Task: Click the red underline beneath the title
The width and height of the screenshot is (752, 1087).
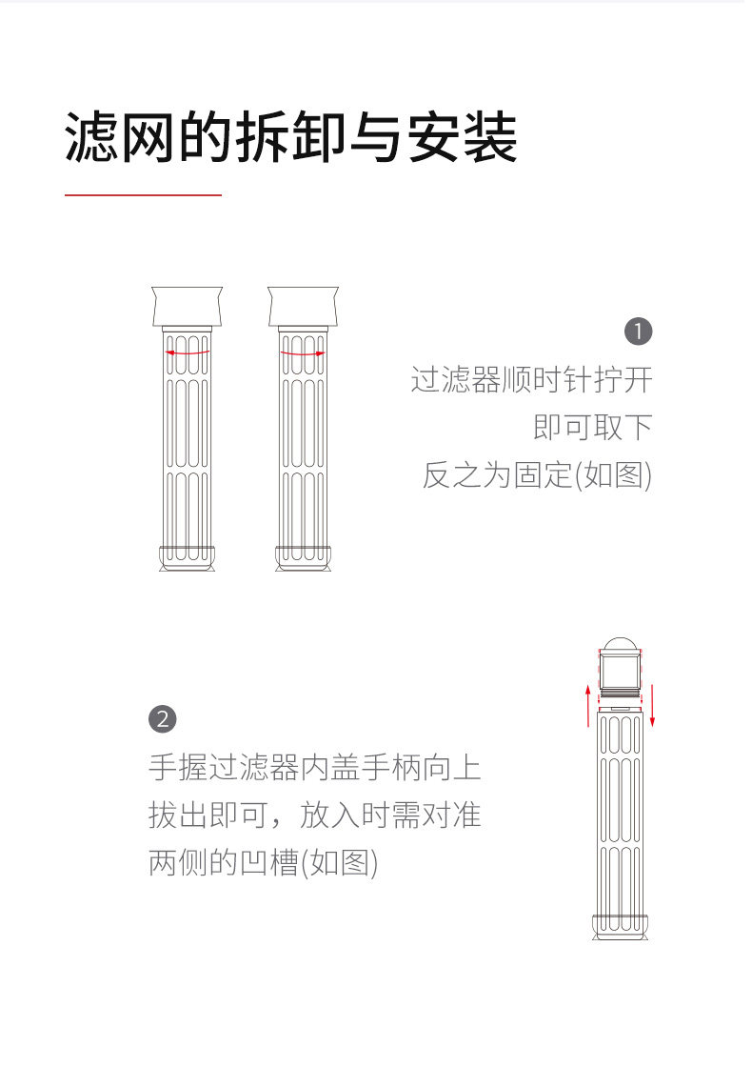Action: pyautogui.click(x=143, y=195)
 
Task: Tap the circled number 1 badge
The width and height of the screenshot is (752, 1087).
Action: pyautogui.click(x=638, y=332)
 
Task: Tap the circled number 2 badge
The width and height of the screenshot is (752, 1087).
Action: pyautogui.click(x=163, y=718)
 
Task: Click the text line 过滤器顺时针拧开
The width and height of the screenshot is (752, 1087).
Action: pyautogui.click(x=531, y=379)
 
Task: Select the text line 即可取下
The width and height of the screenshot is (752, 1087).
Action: pyautogui.click(x=592, y=427)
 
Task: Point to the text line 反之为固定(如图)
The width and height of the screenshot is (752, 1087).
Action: pyautogui.click(x=537, y=474)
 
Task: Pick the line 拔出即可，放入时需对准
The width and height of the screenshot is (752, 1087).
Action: pyautogui.click(x=315, y=815)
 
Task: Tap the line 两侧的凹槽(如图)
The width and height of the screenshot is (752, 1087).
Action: pyautogui.click(x=264, y=863)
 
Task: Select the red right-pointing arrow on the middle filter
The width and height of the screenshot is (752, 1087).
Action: pyautogui.click(x=303, y=352)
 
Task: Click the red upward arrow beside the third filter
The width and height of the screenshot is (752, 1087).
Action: pyautogui.click(x=588, y=705)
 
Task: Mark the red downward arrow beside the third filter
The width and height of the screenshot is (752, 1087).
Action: pyautogui.click(x=653, y=705)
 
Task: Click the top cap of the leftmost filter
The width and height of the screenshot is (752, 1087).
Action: pyautogui.click(x=187, y=306)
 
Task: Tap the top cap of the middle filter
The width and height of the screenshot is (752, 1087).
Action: pyautogui.click(x=303, y=306)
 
